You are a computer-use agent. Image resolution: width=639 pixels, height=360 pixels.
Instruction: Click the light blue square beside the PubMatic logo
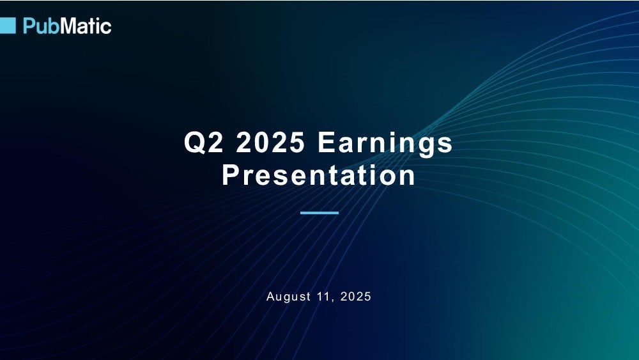pyautogui.click(x=8, y=26)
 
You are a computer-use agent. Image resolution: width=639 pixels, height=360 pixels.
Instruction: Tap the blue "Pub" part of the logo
pyautogui.click(x=42, y=26)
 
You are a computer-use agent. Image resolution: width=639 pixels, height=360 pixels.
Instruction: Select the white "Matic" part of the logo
pyautogui.click(x=86, y=26)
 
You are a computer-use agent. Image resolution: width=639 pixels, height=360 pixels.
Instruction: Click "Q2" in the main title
pyautogui.click(x=203, y=143)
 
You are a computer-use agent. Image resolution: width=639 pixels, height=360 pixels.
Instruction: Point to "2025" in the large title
pyautogui.click(x=270, y=143)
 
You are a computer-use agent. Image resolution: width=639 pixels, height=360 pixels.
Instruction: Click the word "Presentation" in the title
pyautogui.click(x=318, y=175)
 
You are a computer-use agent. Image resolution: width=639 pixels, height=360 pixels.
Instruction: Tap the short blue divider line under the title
pyautogui.click(x=319, y=213)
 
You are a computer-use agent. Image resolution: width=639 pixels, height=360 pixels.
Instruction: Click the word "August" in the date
pyautogui.click(x=288, y=297)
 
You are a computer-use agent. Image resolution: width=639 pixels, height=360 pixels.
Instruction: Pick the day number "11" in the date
pyautogui.click(x=323, y=297)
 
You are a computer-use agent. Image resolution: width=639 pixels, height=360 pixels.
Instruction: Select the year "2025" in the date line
pyautogui.click(x=355, y=297)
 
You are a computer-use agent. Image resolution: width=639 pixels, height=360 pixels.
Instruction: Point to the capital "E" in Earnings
pyautogui.click(x=327, y=143)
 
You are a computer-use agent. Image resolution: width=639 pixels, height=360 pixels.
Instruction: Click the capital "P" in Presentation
pyautogui.click(x=231, y=175)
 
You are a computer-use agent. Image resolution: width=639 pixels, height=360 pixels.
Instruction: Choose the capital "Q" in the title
pyautogui.click(x=194, y=143)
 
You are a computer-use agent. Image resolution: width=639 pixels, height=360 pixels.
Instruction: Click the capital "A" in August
pyautogui.click(x=270, y=297)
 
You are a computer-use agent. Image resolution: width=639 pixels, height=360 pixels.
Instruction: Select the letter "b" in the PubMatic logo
pyautogui.click(x=54, y=26)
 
